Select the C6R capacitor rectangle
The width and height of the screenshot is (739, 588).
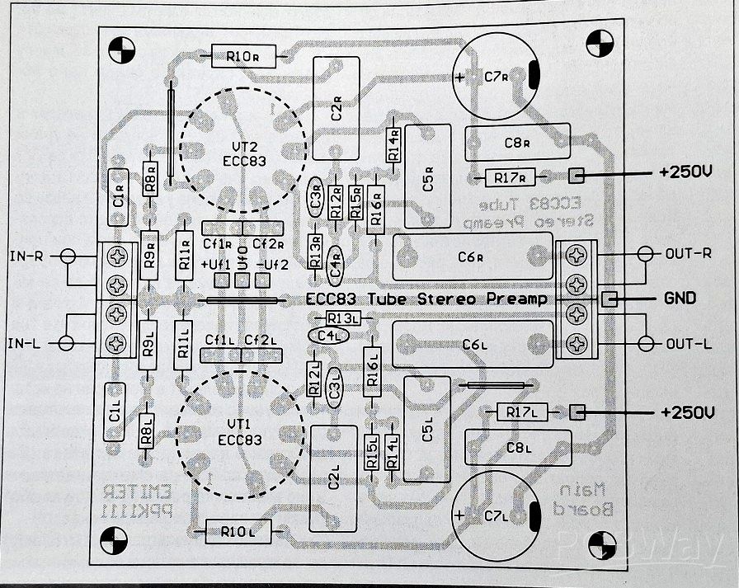point(473,256)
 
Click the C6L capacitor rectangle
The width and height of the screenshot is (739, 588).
point(473,343)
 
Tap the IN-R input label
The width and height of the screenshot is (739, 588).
point(26,256)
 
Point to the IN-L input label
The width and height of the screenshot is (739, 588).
point(26,342)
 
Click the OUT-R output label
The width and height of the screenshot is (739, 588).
point(688,253)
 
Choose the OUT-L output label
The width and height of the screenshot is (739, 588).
point(688,343)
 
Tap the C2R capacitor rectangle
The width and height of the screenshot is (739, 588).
point(336,108)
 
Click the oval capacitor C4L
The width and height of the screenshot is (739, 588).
point(328,336)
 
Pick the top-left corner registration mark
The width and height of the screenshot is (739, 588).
point(120,49)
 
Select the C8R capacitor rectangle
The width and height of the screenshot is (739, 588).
point(518,142)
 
